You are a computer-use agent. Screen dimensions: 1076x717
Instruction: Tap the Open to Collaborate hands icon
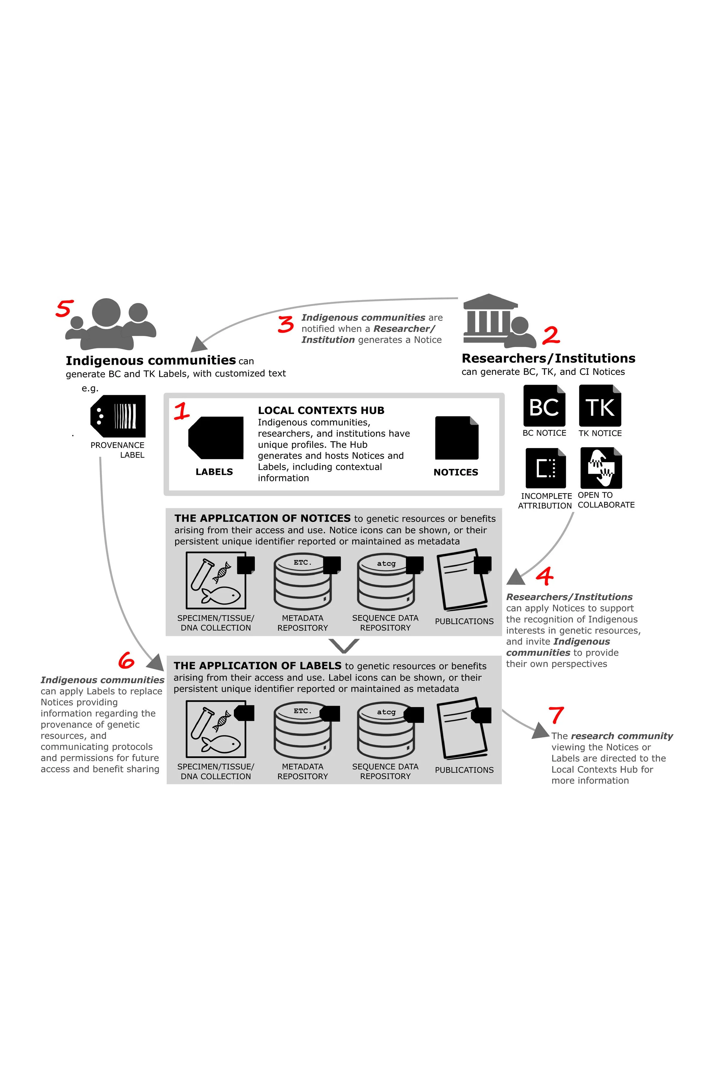tap(601, 468)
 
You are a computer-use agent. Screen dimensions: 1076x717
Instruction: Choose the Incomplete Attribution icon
tap(546, 468)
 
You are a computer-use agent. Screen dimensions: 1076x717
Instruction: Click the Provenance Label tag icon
tap(118, 416)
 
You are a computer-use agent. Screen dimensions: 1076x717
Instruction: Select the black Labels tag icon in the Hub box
tap(216, 438)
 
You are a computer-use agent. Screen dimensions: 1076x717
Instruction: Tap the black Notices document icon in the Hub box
tap(456, 438)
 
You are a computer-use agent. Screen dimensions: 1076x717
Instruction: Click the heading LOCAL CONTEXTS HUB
tap(321, 410)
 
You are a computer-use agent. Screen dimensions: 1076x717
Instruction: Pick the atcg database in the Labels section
tap(386, 730)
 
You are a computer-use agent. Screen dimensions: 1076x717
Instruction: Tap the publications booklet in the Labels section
tap(463, 728)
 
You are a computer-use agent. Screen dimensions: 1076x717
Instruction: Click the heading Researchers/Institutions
tap(548, 358)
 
